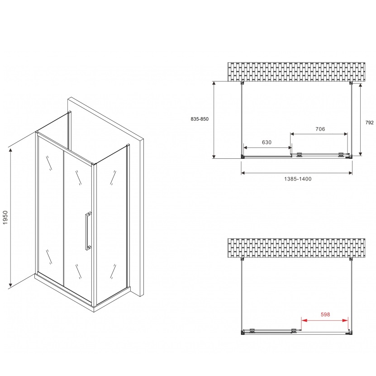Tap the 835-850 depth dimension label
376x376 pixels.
pyautogui.click(x=199, y=119)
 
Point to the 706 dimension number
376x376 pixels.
pyautogui.click(x=320, y=129)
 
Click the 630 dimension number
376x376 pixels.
pyautogui.click(x=267, y=142)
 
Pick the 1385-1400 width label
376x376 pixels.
pyautogui.click(x=298, y=179)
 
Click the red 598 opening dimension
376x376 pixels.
pyautogui.click(x=325, y=315)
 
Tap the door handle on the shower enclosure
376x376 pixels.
pyautogui.click(x=87, y=230)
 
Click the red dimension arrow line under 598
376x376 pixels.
pyautogui.click(x=325, y=320)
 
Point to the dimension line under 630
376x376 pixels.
pyautogui.click(x=267, y=148)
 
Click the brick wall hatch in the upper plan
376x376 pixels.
pyautogui.click(x=296, y=71)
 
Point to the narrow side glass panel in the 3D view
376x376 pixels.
pyautogui.click(x=111, y=226)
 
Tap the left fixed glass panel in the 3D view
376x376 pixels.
pyautogui.click(x=50, y=204)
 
